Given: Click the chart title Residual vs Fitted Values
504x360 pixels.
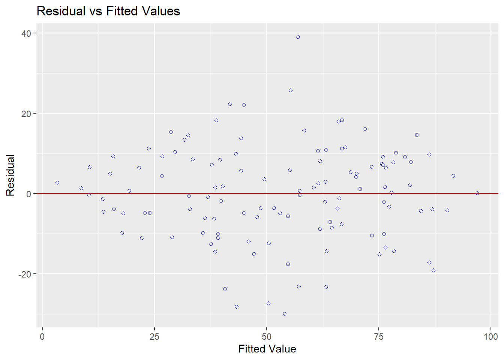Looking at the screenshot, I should [x=108, y=11].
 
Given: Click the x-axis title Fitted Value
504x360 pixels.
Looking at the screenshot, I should [x=267, y=349].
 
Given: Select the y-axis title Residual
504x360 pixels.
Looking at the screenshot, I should [x=10, y=175].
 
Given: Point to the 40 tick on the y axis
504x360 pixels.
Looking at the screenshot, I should [x=26, y=33].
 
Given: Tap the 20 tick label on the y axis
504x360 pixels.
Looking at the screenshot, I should [x=26, y=114].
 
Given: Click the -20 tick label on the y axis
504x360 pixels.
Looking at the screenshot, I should [x=25, y=274].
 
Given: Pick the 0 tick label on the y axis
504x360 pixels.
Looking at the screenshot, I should [x=28, y=194].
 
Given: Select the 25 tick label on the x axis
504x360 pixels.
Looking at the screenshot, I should [x=154, y=337].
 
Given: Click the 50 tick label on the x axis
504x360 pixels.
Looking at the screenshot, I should [x=266, y=337].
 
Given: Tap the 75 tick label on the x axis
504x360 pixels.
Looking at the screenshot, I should [x=379, y=337].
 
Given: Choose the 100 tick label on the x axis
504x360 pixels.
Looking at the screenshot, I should [x=490, y=337].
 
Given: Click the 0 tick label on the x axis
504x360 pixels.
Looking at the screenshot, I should [x=42, y=337].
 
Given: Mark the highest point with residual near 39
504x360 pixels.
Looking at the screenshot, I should [x=298, y=37].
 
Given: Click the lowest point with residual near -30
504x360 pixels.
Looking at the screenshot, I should [x=285, y=314].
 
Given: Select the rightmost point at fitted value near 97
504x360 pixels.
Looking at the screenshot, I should [x=477, y=193].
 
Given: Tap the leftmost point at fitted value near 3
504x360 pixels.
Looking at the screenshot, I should [x=57, y=183].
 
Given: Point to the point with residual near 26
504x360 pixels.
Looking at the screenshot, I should [x=291, y=90].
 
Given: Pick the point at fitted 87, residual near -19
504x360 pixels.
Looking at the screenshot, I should [x=433, y=270].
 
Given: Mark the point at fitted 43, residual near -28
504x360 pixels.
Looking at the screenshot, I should [x=237, y=307].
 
